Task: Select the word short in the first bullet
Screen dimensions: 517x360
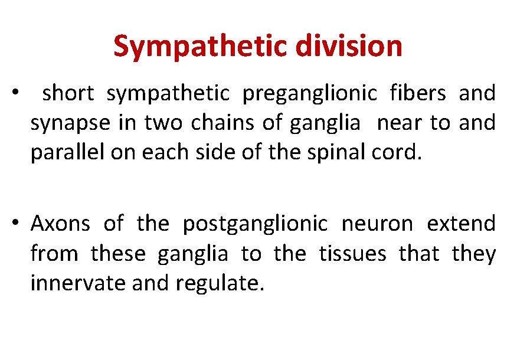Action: (x=69, y=93)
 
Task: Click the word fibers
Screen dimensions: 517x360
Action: (x=416, y=93)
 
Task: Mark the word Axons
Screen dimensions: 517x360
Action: (x=60, y=224)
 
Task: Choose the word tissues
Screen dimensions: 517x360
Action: (x=352, y=254)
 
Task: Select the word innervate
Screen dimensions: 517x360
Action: (x=78, y=284)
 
